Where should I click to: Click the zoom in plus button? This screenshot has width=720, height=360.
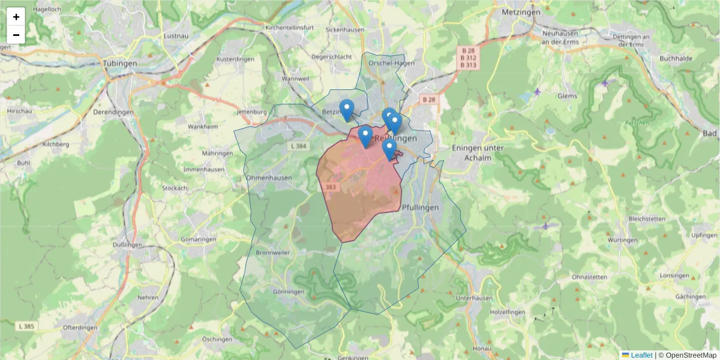(x=16, y=17)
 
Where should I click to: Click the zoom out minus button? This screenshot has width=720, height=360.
(x=16, y=35)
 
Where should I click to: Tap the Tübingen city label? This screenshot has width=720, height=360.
(x=120, y=63)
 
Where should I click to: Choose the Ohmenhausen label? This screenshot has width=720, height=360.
(x=269, y=178)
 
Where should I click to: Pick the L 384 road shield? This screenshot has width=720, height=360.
(x=298, y=146)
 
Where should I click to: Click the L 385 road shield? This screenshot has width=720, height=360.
(x=26, y=326)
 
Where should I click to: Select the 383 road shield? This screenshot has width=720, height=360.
(x=330, y=187)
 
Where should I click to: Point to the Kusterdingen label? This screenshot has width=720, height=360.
(x=235, y=59)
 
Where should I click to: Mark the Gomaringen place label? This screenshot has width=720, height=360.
(x=198, y=239)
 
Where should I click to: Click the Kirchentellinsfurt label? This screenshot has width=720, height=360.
(x=290, y=28)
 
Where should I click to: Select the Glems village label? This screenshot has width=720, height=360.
(x=567, y=96)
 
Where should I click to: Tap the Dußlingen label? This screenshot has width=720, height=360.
(x=127, y=245)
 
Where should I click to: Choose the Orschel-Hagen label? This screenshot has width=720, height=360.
(x=392, y=63)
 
